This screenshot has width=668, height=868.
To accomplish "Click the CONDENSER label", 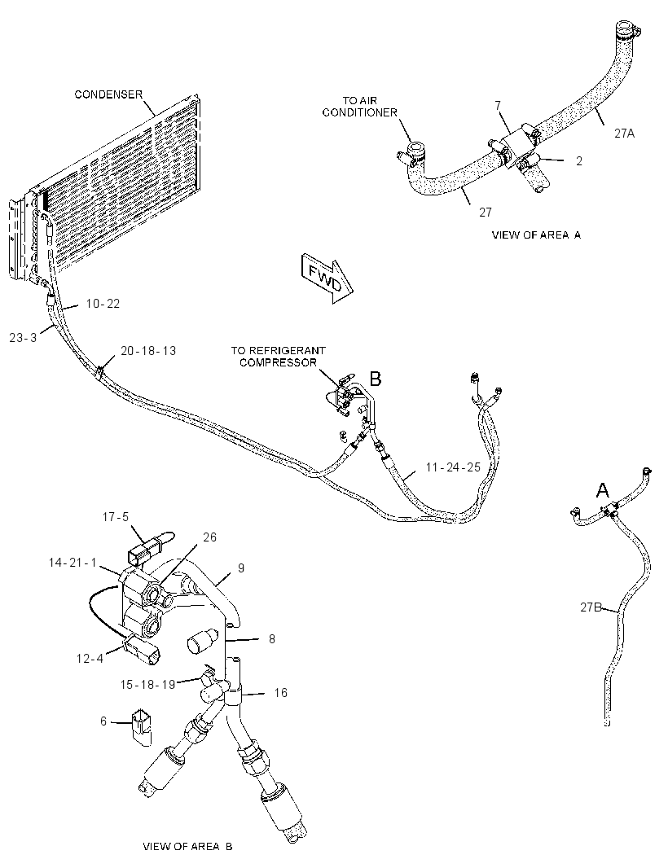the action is (108, 94).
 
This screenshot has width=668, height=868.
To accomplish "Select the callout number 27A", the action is (624, 134).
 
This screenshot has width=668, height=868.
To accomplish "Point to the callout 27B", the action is (591, 607).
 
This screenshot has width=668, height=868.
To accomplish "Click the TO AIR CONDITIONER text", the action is (360, 107).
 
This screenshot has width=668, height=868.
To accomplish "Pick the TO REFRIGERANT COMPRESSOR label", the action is (278, 357).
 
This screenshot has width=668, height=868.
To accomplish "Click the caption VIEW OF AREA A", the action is (536, 235).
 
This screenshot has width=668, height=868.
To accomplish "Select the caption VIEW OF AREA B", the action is (187, 846).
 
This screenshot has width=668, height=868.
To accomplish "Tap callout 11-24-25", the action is (453, 467).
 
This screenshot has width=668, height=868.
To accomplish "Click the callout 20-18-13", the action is (148, 351).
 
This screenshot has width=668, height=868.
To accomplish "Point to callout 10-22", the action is (103, 304).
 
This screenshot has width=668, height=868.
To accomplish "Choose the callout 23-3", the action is (24, 337).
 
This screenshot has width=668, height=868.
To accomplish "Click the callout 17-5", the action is (115, 517).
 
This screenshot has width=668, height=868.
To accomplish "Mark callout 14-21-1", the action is (73, 563).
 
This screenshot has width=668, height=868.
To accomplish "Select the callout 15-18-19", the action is (148, 684).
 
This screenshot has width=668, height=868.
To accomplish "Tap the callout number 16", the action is (281, 692).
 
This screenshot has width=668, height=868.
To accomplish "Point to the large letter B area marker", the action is (376, 379).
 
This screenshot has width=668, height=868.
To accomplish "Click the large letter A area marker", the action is (602, 490).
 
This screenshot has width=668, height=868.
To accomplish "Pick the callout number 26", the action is (209, 537).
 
